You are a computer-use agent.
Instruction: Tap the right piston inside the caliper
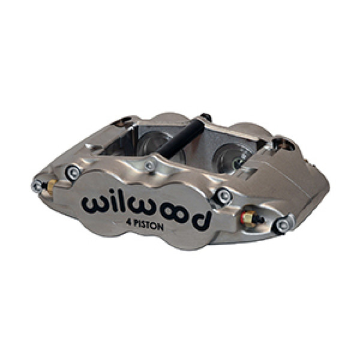tap(226, 155)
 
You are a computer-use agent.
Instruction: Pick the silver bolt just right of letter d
tap(224, 194)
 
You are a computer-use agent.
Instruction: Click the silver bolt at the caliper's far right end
tap(281, 226)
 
